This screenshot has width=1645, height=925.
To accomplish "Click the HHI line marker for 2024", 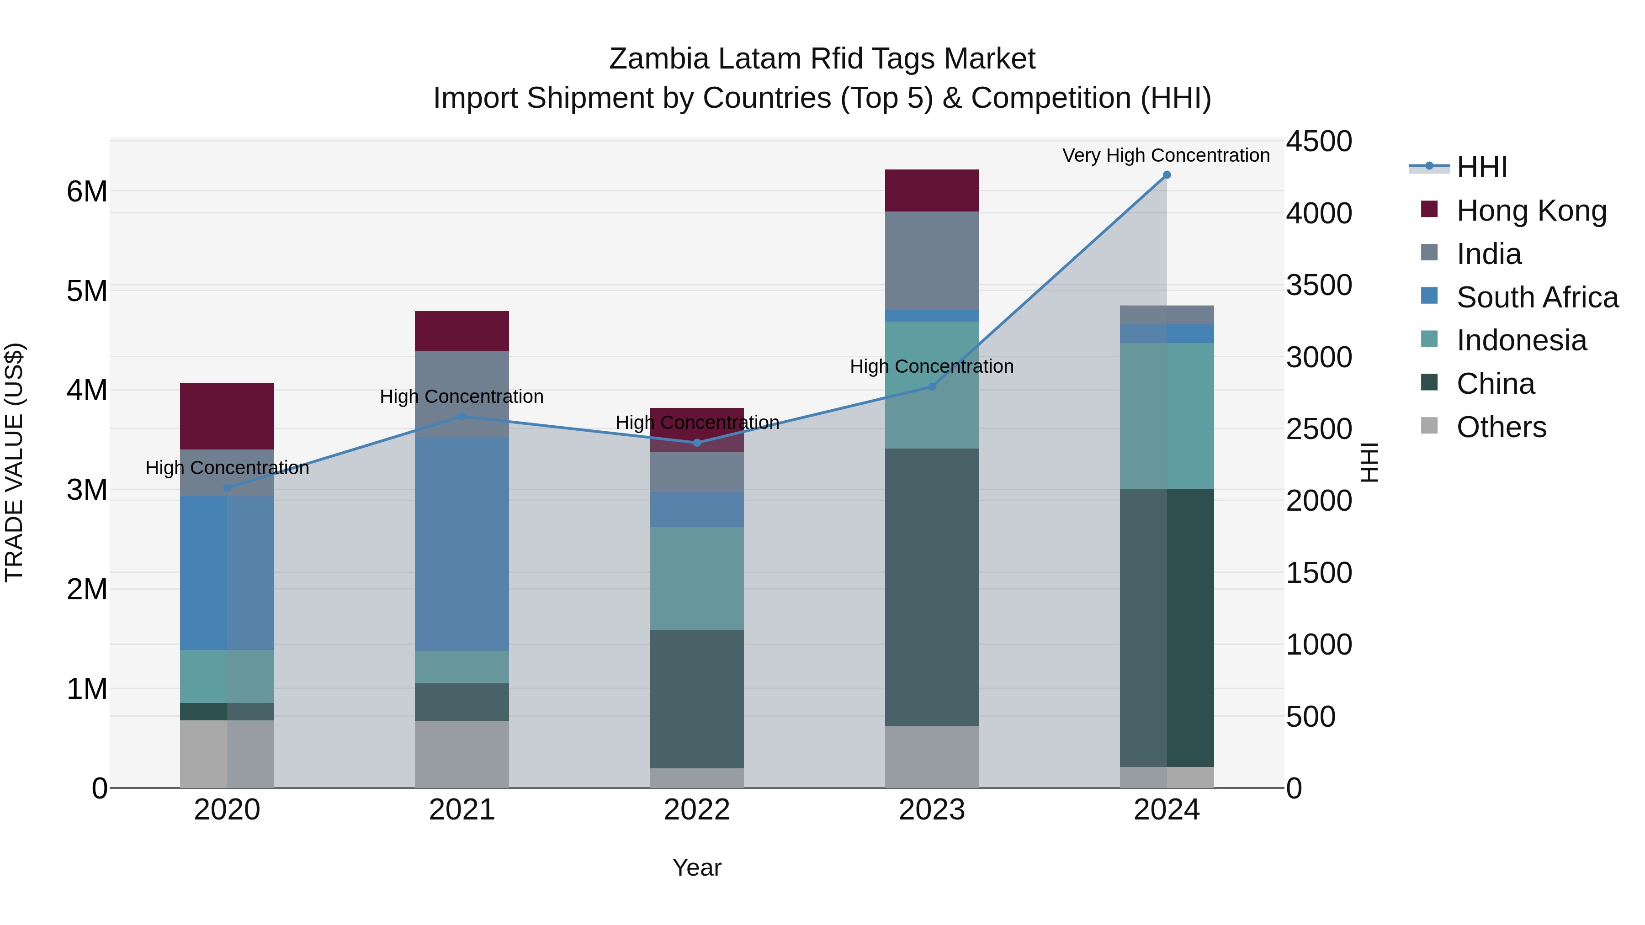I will (1166, 175).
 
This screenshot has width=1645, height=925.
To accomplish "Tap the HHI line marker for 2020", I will (228, 488).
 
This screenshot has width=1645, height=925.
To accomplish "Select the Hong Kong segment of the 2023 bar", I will (932, 190).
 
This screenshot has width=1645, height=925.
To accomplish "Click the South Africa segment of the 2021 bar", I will (462, 544).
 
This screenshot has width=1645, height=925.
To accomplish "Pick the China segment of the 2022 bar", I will (697, 698).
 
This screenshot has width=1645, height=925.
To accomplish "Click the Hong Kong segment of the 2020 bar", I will (228, 416).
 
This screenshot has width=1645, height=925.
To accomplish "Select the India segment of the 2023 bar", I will (932, 260).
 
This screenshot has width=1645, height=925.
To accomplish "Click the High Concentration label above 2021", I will (462, 396).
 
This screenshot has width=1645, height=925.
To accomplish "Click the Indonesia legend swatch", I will (1429, 339).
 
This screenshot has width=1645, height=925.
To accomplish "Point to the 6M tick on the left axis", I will (87, 191).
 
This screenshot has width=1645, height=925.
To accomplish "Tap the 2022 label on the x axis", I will (697, 810).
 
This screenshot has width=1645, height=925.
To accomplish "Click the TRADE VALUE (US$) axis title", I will (14, 462).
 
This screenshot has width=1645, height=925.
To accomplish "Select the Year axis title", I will (697, 867).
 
